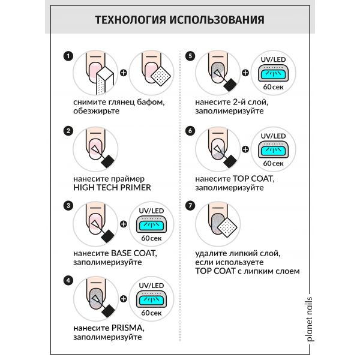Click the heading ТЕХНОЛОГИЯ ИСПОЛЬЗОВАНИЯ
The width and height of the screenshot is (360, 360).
click(179, 19)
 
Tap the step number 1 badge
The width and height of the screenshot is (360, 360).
click(68, 56)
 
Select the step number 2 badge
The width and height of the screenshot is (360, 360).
click(68, 131)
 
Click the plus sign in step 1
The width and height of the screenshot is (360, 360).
click(124, 75)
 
